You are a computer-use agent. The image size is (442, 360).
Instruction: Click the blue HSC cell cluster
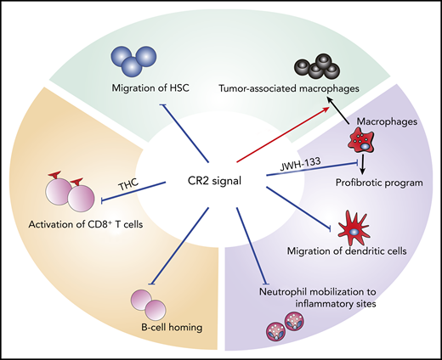point(134,61)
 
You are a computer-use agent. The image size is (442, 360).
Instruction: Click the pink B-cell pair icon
point(145,302)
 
